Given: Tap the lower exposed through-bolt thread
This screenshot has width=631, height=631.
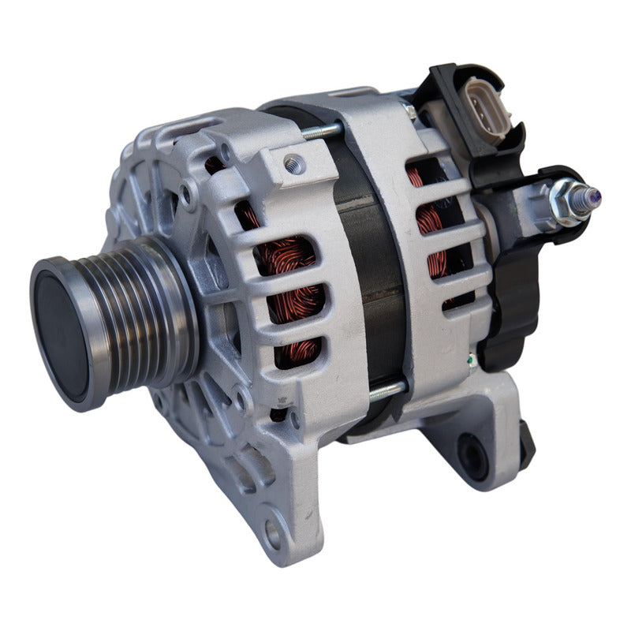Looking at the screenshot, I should [x=387, y=389].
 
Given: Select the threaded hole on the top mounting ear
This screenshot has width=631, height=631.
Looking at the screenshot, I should [x=294, y=164].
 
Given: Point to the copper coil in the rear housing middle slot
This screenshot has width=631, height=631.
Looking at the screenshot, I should [x=434, y=221].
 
